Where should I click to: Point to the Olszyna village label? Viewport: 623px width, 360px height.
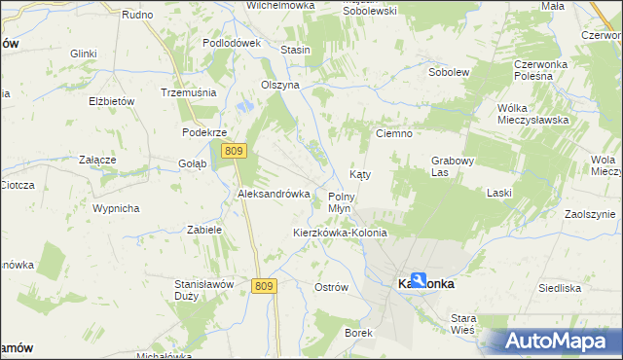(278, 85)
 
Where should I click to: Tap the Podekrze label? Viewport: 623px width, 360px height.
(204, 132)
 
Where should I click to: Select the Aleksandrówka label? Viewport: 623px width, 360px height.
(274, 194)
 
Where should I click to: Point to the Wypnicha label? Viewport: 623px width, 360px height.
(116, 208)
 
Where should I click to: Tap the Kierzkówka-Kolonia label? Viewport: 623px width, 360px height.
(340, 234)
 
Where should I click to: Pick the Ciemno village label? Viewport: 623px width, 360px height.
(395, 133)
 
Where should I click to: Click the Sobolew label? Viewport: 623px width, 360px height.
(450, 72)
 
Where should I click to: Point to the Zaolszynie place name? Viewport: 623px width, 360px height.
(590, 214)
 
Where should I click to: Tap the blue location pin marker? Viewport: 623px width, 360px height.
(418, 280)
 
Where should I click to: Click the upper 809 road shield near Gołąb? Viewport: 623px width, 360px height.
(233, 151)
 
